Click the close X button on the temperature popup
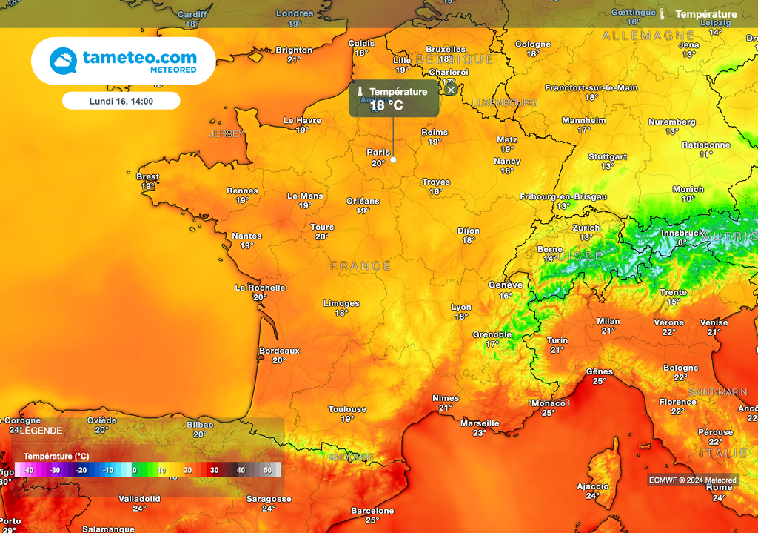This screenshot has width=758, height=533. tap(451, 90)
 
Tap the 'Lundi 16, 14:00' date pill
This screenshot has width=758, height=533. tap(121, 101)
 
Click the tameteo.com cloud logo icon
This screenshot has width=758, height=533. tap(63, 61)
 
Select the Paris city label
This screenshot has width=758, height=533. tap(378, 152)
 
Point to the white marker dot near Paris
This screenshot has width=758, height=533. tap(393, 159)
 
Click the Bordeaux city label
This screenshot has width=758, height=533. tap(279, 351)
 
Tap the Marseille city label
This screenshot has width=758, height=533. tap(480, 423)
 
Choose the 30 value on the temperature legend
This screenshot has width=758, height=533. tap(214, 470)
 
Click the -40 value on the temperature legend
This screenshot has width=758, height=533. tap(27, 470)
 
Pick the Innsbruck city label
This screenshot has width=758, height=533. tap(682, 233)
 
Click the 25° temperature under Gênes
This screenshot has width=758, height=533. tap(599, 381)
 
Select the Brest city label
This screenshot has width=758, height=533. tap(147, 176)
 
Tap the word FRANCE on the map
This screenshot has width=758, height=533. tap(360, 265)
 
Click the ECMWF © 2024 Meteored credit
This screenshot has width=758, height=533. tap(693, 480)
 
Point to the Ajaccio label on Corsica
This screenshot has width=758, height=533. tap(592, 486)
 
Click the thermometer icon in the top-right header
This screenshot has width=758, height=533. tap(662, 14)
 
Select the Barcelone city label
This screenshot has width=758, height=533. tap(372, 511)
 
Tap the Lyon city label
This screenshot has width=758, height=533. tap(461, 307)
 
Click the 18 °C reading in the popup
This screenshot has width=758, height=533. tap(386, 105)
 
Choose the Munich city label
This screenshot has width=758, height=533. tap(688, 189)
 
